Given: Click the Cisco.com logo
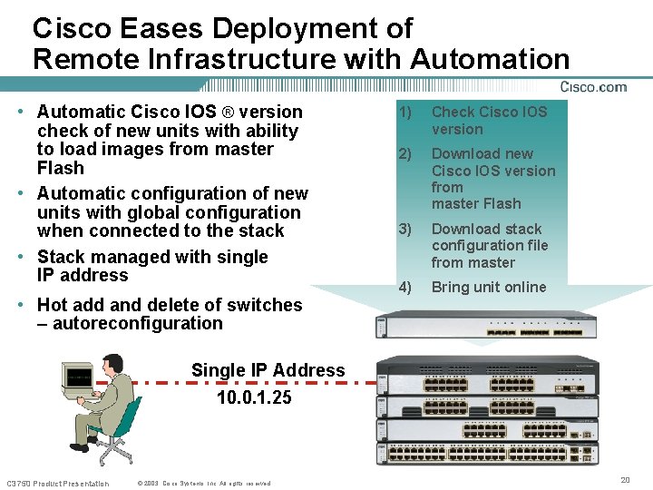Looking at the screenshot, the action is click(593, 87).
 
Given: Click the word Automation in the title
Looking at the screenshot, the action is click(490, 59).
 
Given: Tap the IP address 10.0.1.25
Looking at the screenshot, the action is click(254, 397).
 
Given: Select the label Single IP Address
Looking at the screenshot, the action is click(268, 370).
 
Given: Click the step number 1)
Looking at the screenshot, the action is click(404, 112).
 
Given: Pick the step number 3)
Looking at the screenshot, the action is click(404, 229).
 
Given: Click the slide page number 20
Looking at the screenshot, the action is click(625, 479).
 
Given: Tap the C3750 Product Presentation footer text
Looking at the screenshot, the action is click(57, 483).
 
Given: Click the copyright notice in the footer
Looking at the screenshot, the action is click(204, 483).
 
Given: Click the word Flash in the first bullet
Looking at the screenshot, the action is click(60, 168).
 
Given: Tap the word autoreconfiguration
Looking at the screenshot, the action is click(137, 323).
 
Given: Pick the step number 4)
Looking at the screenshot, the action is click(404, 287).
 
